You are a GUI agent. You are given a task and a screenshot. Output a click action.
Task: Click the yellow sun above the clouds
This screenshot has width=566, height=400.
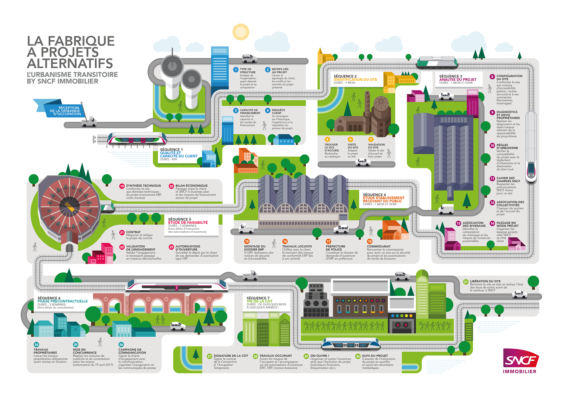(241, 32)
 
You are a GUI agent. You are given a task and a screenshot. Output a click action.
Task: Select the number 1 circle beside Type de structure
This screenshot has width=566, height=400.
(236, 70)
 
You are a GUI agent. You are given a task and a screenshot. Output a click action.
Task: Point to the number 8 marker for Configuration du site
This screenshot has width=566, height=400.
(492, 77)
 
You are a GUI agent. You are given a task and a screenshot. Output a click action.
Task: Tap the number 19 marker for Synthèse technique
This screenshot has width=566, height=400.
(122, 186)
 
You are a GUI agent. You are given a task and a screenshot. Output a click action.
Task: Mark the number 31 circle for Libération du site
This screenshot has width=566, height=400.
(465, 282)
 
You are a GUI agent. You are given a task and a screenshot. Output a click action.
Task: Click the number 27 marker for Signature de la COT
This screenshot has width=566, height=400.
(209, 356)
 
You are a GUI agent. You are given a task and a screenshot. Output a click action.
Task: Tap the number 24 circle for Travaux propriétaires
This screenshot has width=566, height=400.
(36, 345)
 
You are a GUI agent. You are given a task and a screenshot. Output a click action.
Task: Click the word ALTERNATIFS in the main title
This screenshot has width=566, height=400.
(70, 63)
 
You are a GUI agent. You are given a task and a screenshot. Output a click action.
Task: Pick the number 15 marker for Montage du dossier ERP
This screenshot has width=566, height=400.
(247, 242)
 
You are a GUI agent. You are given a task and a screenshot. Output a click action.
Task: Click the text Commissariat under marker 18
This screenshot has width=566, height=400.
(379, 247)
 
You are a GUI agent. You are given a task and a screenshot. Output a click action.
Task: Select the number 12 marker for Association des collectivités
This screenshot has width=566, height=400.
(492, 203)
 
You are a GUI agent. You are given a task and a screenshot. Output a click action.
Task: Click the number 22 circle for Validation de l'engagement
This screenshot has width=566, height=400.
(122, 247)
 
